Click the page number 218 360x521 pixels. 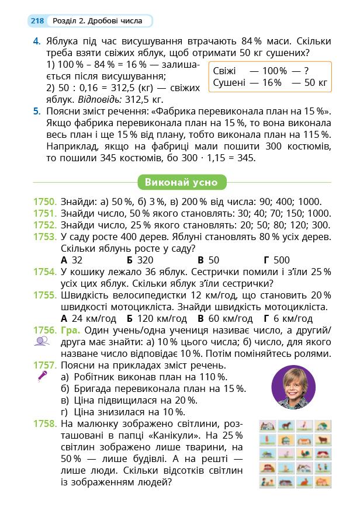pos(37,21)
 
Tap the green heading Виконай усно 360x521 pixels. pos(181,182)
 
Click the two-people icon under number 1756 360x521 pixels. pos(41,343)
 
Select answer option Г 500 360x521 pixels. pos(276,260)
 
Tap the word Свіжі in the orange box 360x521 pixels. pos(226,71)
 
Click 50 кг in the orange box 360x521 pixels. pos(316,82)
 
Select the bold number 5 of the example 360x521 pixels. pos(36,111)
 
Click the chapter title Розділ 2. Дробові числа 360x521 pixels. pos(97,21)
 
